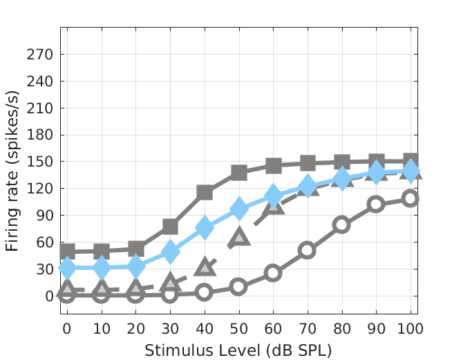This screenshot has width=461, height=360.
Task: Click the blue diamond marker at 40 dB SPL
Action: pyautogui.click(x=205, y=227)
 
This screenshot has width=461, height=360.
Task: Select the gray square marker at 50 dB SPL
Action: pyautogui.click(x=239, y=173)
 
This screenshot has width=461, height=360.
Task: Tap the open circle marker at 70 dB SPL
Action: pyautogui.click(x=308, y=250)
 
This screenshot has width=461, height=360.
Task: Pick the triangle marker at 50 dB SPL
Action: pyautogui.click(x=239, y=237)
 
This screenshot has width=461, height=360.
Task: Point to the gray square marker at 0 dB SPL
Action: pyautogui.click(x=67, y=252)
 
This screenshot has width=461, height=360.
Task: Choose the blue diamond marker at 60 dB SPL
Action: pyautogui.click(x=273, y=196)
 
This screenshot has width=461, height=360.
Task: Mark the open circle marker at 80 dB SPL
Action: pyautogui.click(x=341, y=225)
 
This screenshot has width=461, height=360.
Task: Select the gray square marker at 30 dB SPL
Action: pyautogui.click(x=170, y=227)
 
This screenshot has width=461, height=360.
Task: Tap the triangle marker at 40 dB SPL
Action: pyautogui.click(x=205, y=267)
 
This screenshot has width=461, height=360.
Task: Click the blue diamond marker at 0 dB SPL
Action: pyautogui.click(x=67, y=267)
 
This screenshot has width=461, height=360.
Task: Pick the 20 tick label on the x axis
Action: pyautogui.click(x=136, y=326)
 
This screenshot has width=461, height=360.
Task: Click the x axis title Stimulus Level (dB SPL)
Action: pyautogui.click(x=238, y=350)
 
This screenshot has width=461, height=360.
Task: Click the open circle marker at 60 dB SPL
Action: pyautogui.click(x=273, y=272)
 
